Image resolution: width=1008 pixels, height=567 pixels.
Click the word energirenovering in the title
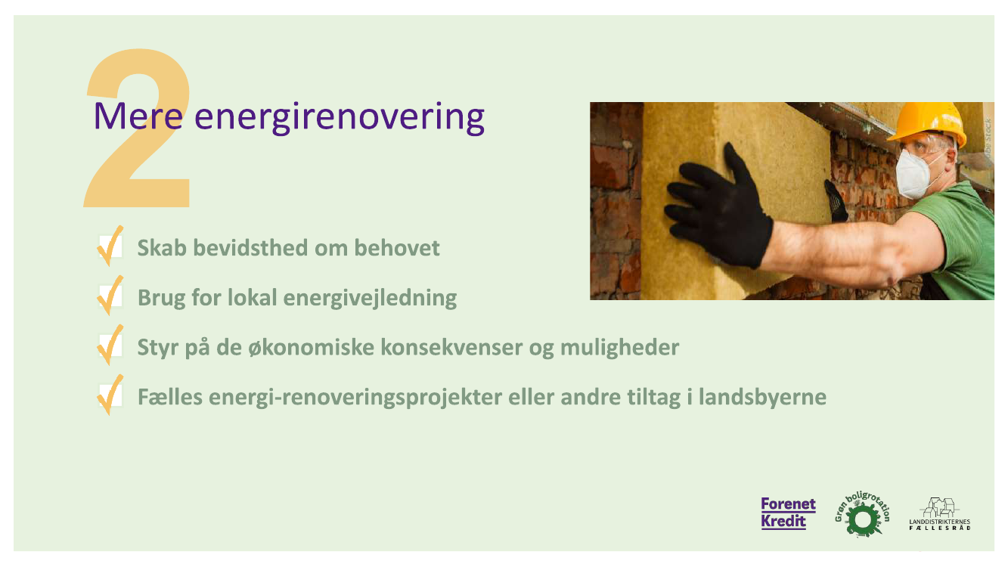340,117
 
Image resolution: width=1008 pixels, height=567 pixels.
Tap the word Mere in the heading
138,116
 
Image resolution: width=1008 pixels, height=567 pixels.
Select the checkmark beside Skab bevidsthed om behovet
110,246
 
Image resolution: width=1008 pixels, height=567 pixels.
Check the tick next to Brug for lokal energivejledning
110,295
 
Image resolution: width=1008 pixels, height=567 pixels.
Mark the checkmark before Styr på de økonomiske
110,345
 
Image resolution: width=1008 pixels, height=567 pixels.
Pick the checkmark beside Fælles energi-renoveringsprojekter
110,395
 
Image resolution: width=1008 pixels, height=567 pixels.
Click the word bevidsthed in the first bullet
250,248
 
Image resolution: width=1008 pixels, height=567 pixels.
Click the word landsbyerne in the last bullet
762,397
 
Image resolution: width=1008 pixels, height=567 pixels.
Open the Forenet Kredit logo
788,513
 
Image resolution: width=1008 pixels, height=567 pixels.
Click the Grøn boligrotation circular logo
862,514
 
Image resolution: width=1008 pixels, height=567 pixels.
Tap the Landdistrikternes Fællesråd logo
940,514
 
